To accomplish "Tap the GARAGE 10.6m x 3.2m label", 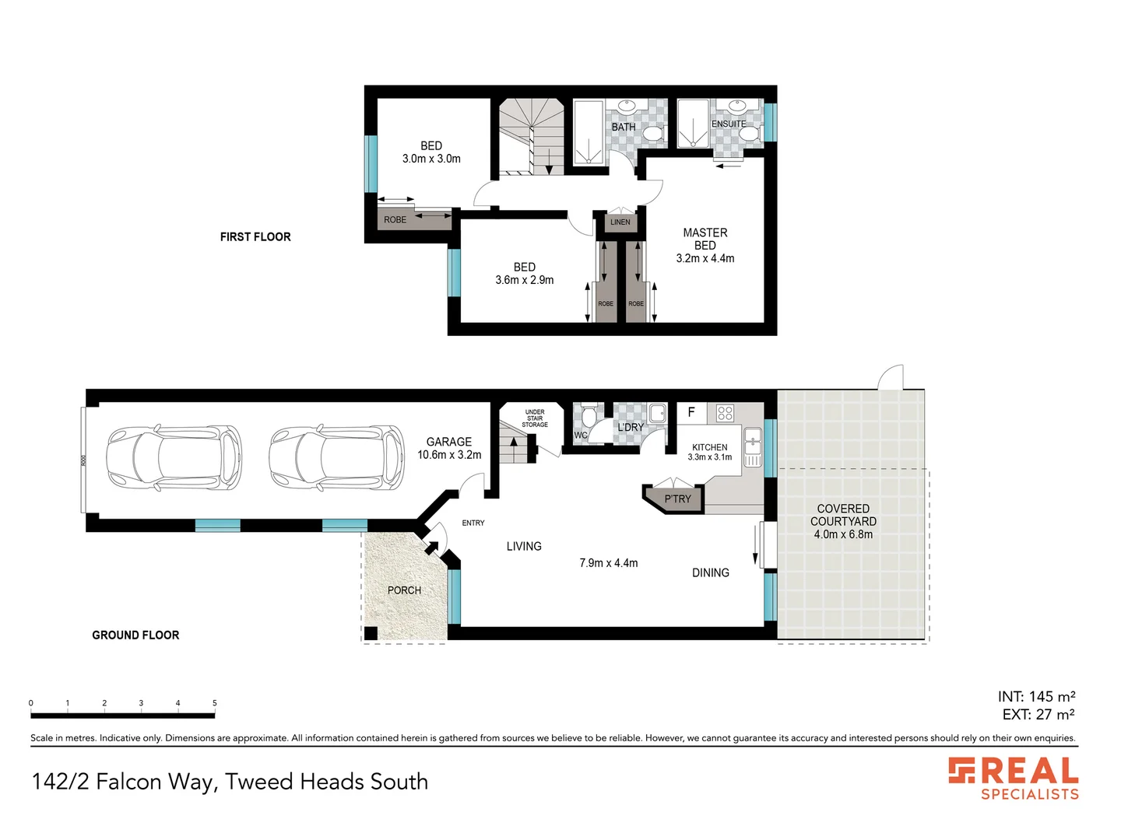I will pyautogui.click(x=449, y=448).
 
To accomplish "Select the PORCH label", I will pyautogui.click(x=404, y=590).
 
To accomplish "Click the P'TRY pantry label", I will pyautogui.click(x=677, y=499).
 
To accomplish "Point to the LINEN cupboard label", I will pyautogui.click(x=620, y=222).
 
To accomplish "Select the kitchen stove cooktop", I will pyautogui.click(x=725, y=413).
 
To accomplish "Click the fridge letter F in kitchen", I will pyautogui.click(x=691, y=412).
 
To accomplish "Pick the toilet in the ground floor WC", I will pyautogui.click(x=589, y=421).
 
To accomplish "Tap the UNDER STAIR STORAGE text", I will pyautogui.click(x=535, y=418).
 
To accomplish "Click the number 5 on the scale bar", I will pyautogui.click(x=215, y=703).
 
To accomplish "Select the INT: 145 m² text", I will pyautogui.click(x=1036, y=697).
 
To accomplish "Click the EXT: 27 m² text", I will pyautogui.click(x=1038, y=715).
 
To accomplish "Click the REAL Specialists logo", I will pyautogui.click(x=1014, y=779).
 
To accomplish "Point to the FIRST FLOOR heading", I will pyautogui.click(x=255, y=237).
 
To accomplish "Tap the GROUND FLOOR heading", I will pyautogui.click(x=135, y=635).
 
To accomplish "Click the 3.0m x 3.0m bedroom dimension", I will pyautogui.click(x=431, y=159).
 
